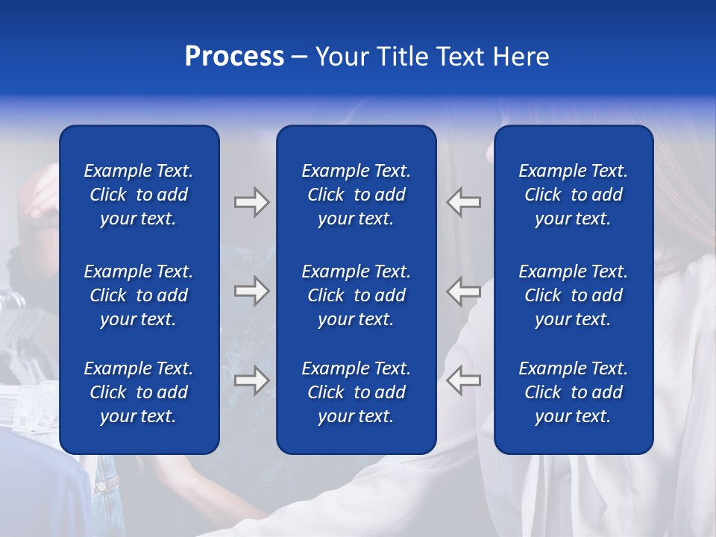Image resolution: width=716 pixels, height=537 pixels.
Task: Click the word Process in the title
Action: (x=234, y=57)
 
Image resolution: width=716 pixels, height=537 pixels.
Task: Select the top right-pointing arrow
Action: (x=252, y=202)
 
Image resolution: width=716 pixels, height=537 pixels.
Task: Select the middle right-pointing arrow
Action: (x=252, y=290)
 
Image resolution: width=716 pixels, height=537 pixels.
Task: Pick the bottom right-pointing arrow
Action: (x=252, y=380)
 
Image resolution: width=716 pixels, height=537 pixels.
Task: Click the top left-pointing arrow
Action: (x=463, y=202)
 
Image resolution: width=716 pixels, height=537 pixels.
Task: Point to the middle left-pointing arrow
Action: (x=463, y=290)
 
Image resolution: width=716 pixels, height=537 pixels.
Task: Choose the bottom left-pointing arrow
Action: (x=463, y=380)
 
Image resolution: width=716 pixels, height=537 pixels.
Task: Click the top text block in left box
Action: (x=139, y=195)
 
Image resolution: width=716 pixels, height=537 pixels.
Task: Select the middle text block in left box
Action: (x=139, y=295)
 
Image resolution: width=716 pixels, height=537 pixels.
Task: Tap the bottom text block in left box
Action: (x=139, y=392)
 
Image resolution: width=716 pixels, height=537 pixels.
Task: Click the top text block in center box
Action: (x=357, y=195)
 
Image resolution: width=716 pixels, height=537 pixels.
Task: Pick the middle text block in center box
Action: (x=357, y=295)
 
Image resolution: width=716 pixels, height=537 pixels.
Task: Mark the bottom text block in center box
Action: (x=357, y=392)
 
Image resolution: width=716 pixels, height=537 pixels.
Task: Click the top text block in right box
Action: (x=574, y=195)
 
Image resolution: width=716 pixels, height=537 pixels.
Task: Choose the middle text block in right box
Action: (x=574, y=295)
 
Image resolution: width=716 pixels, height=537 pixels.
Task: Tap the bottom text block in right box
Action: (x=574, y=392)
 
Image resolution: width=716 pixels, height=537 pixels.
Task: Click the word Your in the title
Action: (x=342, y=57)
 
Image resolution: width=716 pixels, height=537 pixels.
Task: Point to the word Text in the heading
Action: (x=461, y=57)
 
